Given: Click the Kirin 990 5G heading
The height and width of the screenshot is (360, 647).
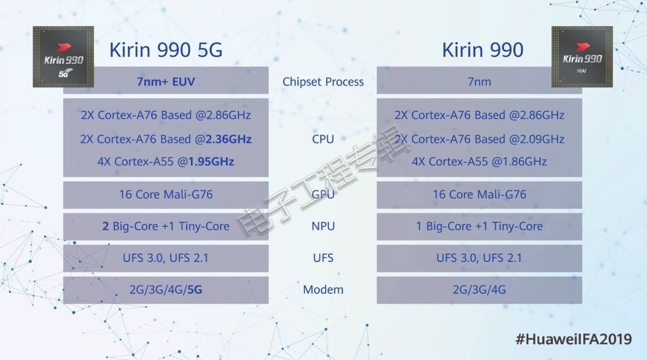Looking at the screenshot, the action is coord(166,50).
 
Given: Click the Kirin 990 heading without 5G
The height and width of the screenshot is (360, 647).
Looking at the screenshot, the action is coord(483,50).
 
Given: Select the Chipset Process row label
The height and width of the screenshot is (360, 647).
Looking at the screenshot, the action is coord(323,82).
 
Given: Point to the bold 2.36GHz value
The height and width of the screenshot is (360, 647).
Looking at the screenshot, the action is coord(228,139).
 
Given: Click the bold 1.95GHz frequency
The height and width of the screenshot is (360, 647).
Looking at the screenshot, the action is coord(211,162).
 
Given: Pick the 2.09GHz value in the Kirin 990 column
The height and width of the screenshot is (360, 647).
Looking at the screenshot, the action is coord(542,139).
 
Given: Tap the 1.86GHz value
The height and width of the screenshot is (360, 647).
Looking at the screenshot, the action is coord(524,162).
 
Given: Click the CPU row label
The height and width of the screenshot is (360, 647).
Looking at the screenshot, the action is coord(323,139).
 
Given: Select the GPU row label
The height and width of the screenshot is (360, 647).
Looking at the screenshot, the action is coord(323,195).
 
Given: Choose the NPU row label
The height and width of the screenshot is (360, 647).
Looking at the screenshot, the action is coord(323,226).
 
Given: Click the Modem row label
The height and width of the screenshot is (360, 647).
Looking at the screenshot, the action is coord(323,290).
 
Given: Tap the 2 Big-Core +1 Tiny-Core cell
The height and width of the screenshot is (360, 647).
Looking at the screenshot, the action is coord(166,226).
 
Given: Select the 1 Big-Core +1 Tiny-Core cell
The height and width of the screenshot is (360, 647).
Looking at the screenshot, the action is coord(479,226).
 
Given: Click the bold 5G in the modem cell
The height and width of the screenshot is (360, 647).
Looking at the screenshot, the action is coord(195,290).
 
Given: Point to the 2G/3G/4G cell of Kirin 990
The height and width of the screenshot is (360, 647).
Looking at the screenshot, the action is coord(479,290).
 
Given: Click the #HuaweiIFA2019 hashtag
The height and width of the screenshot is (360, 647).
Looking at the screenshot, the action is coord(573,339).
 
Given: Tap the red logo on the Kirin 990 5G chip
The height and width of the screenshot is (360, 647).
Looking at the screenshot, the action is coord(64,47).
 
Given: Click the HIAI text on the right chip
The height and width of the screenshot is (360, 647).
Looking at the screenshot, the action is coord(581,71).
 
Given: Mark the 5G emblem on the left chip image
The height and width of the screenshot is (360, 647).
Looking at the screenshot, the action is coord(65,73).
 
